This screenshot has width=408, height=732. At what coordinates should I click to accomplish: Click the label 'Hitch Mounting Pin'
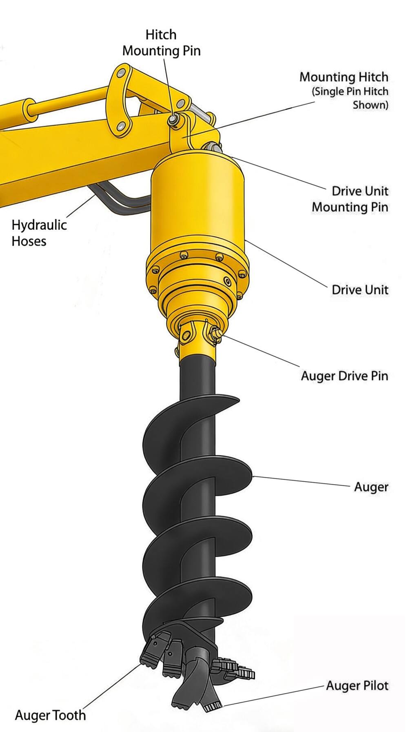click(x=161, y=43)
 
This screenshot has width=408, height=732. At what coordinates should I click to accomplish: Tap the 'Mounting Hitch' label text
click(x=344, y=77)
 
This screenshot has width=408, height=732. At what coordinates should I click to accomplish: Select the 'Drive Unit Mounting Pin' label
click(x=350, y=199)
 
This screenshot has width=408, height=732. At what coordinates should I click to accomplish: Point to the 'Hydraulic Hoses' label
click(x=39, y=233)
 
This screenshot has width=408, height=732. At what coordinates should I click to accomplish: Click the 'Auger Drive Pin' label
click(x=344, y=376)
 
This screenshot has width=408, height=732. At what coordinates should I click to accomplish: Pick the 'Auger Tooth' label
click(x=50, y=715)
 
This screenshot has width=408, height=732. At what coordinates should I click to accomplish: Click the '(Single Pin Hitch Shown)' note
click(x=350, y=98)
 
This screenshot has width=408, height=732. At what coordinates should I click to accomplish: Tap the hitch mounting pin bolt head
click(x=173, y=119)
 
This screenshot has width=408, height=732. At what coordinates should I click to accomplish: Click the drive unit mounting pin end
click(x=212, y=147)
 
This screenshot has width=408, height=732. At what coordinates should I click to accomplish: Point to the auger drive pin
click(x=215, y=334)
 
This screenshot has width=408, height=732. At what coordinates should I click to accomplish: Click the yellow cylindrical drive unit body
click(x=197, y=204)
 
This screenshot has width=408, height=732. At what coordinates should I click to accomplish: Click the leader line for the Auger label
click(x=302, y=481)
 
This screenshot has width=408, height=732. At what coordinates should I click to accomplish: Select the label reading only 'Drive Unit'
click(x=359, y=290)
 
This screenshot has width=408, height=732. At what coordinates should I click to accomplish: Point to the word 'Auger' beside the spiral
click(x=371, y=487)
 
